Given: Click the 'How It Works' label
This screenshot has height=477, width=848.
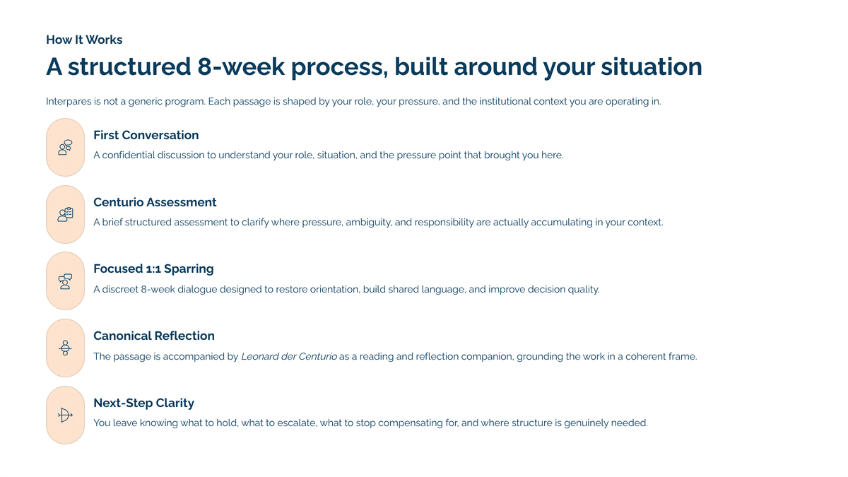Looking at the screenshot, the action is click(84, 40).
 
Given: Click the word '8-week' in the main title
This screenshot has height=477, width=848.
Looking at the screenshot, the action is click(241, 66).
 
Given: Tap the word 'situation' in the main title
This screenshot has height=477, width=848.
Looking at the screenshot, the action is click(652, 66).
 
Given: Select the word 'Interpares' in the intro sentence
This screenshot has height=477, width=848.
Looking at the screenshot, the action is click(69, 102).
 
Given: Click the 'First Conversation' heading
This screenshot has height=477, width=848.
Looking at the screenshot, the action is click(146, 135).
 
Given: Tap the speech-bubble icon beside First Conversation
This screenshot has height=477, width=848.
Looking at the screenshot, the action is click(65, 147).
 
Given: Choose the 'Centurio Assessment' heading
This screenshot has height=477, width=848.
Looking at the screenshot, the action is click(155, 202).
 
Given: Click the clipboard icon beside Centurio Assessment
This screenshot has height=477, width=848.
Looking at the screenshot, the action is click(65, 214).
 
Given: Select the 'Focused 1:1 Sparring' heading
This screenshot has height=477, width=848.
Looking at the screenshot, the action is click(153, 269).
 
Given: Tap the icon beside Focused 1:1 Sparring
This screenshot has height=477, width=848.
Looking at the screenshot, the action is click(65, 281).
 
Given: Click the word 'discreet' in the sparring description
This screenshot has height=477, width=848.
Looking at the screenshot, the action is click(120, 289).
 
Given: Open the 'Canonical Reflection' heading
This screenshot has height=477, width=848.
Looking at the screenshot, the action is click(154, 336).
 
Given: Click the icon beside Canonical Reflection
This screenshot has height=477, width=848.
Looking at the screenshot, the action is click(65, 348).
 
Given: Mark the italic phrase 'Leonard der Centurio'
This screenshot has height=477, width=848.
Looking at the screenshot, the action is click(289, 357).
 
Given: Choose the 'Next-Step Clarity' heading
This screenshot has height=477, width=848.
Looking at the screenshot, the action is click(143, 403).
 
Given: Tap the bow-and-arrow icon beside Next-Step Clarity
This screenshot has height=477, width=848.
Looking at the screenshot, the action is click(65, 416).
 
